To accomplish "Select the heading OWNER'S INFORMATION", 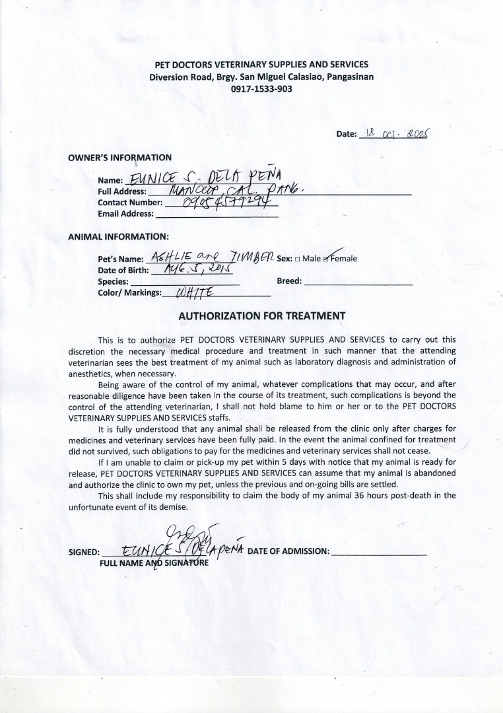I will pyautogui.click(x=119, y=158).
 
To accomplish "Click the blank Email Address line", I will pyautogui.click(x=216, y=214).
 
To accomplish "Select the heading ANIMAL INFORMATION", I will pyautogui.click(x=118, y=236).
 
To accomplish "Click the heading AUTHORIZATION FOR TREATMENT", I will pyautogui.click(x=262, y=316).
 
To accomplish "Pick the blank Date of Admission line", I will pyautogui.click(x=379, y=552).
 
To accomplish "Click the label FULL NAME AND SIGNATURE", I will pyautogui.click(x=154, y=563).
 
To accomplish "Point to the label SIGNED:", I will pyautogui.click(x=84, y=553).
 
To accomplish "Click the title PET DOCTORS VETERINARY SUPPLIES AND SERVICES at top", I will pyautogui.click(x=261, y=65).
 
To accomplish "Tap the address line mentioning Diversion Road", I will pyautogui.click(x=261, y=77).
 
